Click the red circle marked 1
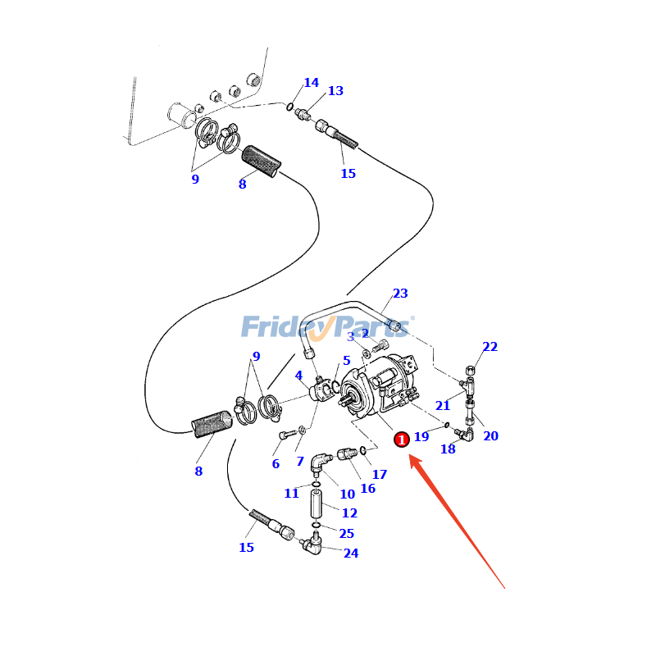coord(402,440)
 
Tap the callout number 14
coord(311,83)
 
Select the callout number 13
coord(335,91)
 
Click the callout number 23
coord(400,294)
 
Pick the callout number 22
coord(490,347)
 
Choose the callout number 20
coord(490,435)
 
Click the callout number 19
coord(421,437)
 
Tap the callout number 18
coord(448,449)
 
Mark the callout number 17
coord(380,474)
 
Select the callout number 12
coord(349,513)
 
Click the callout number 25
coord(346,534)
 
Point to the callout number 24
coord(351,553)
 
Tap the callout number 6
coord(276,464)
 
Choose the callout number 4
coord(299,376)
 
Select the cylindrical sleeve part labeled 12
coord(317,506)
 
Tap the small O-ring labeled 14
coord(290,106)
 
